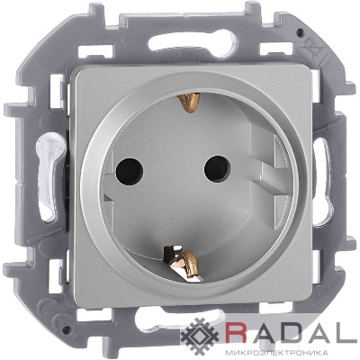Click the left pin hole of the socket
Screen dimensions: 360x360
[x=130, y=171]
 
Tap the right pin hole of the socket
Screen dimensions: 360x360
[x=217, y=168]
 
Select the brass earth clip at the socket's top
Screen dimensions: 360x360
[x=189, y=103]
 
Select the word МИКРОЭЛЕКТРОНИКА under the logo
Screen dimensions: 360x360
[x=275, y=351]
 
